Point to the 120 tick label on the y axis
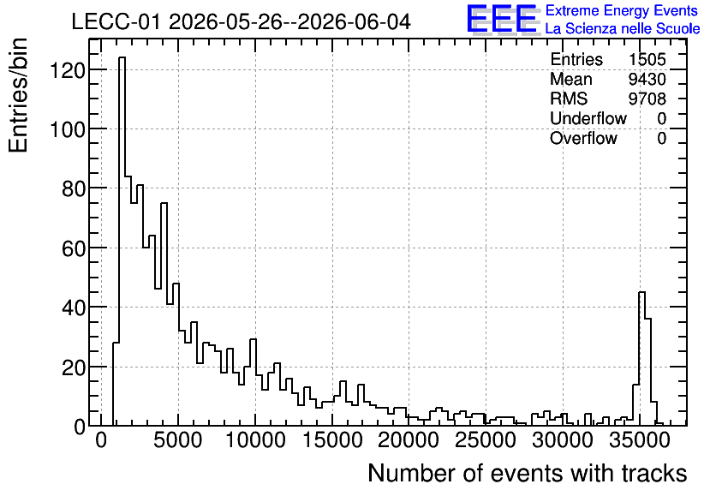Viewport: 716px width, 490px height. click(68, 70)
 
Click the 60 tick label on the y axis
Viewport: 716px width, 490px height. click(74, 248)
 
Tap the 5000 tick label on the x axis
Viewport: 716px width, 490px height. click(177, 440)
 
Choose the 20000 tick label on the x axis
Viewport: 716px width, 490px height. click(409, 440)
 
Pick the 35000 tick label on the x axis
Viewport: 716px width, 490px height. click(640, 440)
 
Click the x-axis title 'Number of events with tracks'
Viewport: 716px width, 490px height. click(528, 473)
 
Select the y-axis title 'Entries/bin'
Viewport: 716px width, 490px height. click(18, 95)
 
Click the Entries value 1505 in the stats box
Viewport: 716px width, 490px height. click(647, 59)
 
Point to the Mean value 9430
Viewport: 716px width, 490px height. click(647, 79)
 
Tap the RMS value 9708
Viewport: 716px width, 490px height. click(647, 99)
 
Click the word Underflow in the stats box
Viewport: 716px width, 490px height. click(588, 118)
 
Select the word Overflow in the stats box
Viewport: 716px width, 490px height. click(583, 138)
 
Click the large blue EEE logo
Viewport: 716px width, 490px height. click(503, 19)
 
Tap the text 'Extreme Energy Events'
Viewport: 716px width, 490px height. click(622, 10)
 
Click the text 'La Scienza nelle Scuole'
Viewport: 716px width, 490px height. click(623, 29)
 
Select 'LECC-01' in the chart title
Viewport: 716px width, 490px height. click(116, 22)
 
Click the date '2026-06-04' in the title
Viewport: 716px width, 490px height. click(354, 22)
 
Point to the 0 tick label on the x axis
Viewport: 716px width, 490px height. click(101, 440)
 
